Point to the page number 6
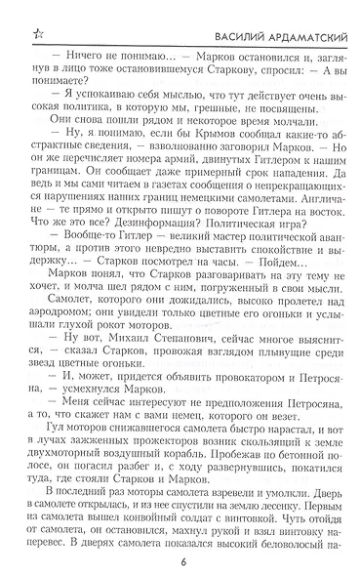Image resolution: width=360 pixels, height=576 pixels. point(183,560)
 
